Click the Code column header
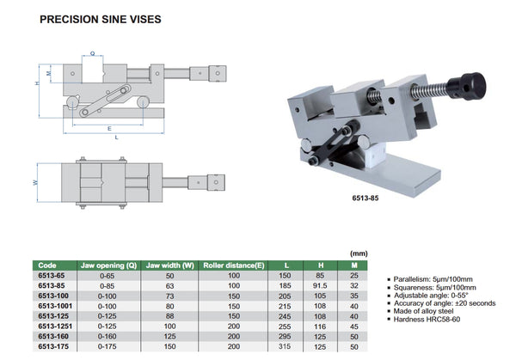point(49,266)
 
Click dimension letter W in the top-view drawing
point(34,182)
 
